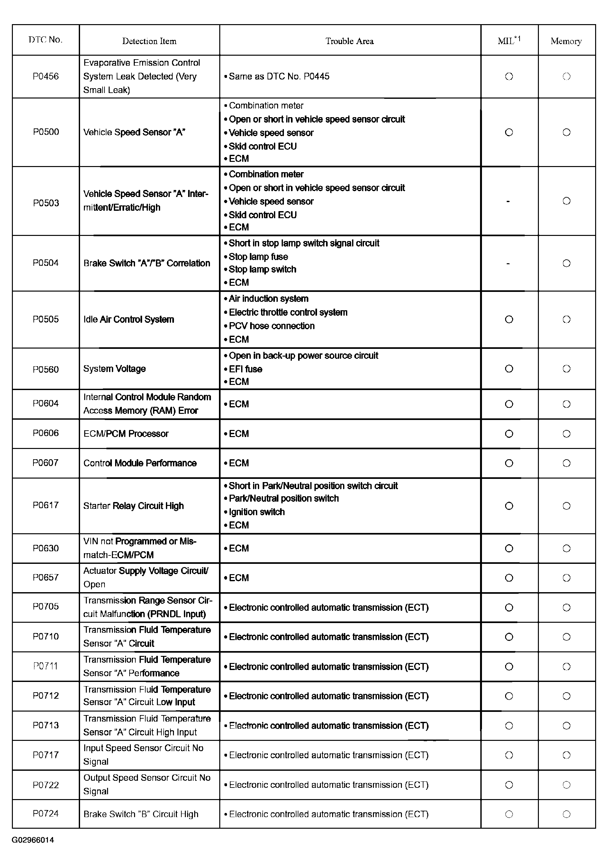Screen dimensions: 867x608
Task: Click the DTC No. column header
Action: (x=45, y=40)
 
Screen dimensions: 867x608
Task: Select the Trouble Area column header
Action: (x=349, y=41)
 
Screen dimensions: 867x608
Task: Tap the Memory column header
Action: (x=566, y=41)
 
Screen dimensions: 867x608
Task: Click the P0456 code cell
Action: (x=46, y=76)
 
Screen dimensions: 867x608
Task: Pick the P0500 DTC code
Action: (x=46, y=132)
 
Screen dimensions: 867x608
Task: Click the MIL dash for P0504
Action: (x=508, y=264)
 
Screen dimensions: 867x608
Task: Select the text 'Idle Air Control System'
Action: (x=129, y=320)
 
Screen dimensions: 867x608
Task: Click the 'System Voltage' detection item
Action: (x=114, y=368)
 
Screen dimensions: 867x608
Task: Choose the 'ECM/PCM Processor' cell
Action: (x=126, y=433)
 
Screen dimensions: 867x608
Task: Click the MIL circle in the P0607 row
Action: (x=509, y=463)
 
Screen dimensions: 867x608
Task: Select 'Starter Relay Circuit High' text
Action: (x=133, y=506)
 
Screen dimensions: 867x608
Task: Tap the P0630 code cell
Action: (x=46, y=548)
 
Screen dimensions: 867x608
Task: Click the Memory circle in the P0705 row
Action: (x=566, y=608)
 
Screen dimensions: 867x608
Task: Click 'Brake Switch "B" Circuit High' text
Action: (x=141, y=814)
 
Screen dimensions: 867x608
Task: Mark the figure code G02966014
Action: (x=33, y=840)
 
